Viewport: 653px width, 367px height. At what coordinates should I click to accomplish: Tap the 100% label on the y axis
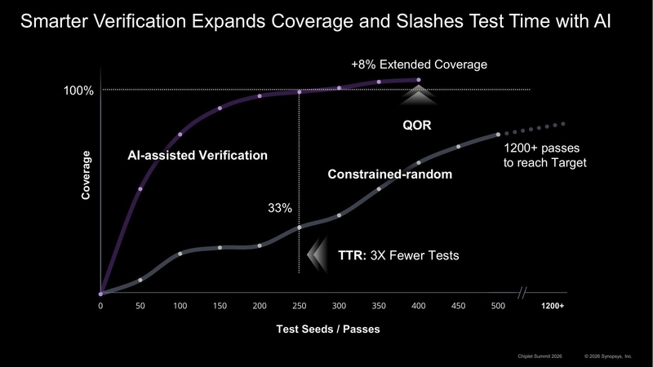(78, 91)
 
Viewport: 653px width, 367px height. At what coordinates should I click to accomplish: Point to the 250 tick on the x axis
(300, 307)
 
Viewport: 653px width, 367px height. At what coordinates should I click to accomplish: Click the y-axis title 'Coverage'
(86, 175)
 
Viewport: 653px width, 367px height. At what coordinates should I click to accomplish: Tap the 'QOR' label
(417, 126)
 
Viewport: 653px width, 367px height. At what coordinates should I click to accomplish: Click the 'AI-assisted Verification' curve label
(198, 155)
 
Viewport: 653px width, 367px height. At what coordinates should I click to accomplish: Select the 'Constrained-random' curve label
(390, 175)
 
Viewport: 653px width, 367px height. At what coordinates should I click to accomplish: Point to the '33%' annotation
(280, 208)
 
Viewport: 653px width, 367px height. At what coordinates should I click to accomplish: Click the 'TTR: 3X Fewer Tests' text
(398, 255)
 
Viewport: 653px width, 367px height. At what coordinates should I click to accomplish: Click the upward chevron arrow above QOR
(418, 97)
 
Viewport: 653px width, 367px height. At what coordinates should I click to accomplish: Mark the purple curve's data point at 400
(419, 80)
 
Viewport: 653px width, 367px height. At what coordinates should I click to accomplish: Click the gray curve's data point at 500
(499, 134)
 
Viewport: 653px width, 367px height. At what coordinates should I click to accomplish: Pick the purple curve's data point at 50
(140, 189)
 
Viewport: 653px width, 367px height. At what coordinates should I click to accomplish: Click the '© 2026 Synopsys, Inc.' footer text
(608, 356)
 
